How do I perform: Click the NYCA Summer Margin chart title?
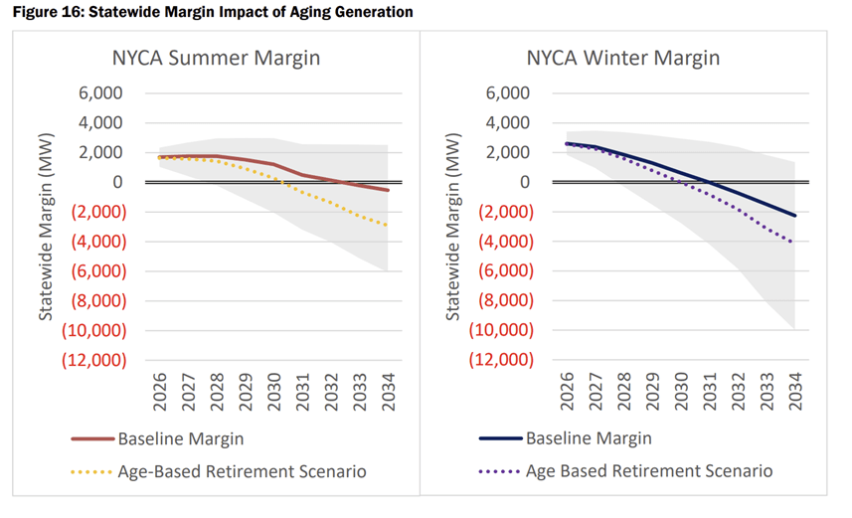(215, 58)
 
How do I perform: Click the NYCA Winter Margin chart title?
(623, 58)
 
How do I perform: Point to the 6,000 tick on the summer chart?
(101, 93)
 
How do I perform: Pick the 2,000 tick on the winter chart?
(509, 152)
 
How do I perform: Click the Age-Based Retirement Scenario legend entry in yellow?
(242, 471)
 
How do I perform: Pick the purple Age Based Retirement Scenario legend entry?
(648, 471)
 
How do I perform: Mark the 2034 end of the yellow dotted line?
(387, 226)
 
